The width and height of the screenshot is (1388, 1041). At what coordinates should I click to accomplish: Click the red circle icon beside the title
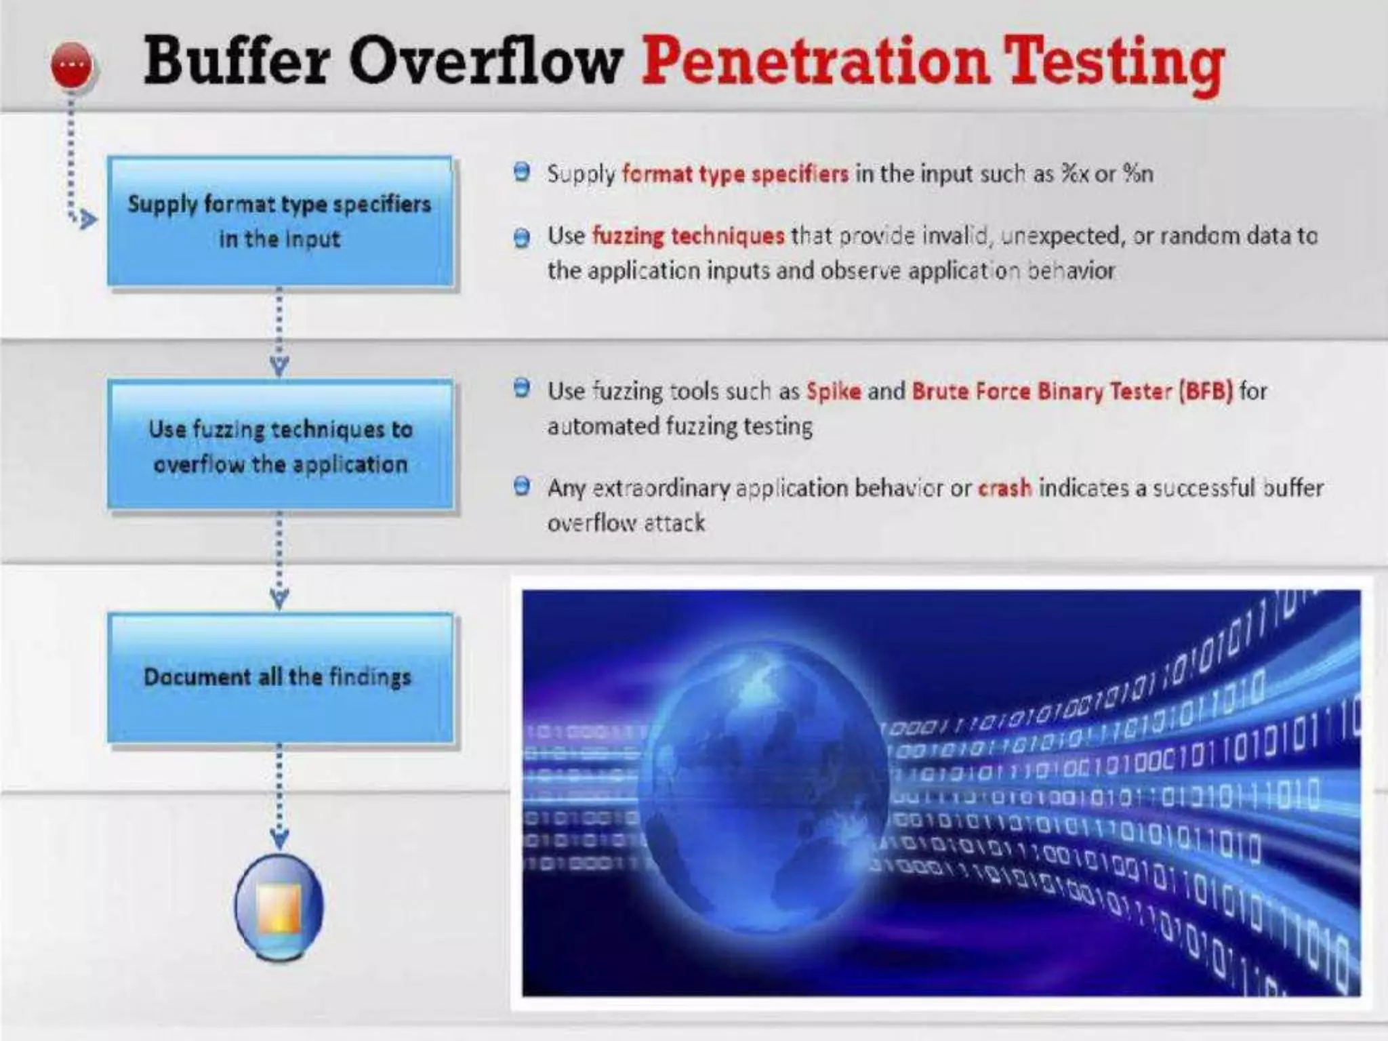click(x=72, y=64)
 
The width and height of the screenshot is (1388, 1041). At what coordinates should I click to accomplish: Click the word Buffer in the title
click(x=237, y=62)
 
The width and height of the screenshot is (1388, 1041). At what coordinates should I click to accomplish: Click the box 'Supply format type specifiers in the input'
click(x=280, y=222)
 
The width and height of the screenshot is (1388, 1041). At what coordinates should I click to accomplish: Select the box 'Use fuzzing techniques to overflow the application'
click(x=280, y=445)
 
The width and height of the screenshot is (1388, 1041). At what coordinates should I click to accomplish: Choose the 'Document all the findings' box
click(x=280, y=677)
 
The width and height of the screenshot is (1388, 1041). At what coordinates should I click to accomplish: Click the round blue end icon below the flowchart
click(x=279, y=907)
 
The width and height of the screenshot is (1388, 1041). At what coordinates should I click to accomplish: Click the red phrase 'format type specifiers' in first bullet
click(x=735, y=174)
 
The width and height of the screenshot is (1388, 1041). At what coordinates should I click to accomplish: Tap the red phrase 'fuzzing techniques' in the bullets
click(x=688, y=236)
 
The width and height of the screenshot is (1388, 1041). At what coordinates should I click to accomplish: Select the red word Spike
click(x=833, y=392)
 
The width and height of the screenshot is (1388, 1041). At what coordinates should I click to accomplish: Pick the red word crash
click(x=1004, y=488)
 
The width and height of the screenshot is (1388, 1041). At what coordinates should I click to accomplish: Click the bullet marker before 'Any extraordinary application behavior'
click(x=522, y=487)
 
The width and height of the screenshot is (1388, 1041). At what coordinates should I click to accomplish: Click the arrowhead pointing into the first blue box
click(x=86, y=219)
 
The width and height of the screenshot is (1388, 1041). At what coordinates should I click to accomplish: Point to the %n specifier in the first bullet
click(x=1138, y=174)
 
